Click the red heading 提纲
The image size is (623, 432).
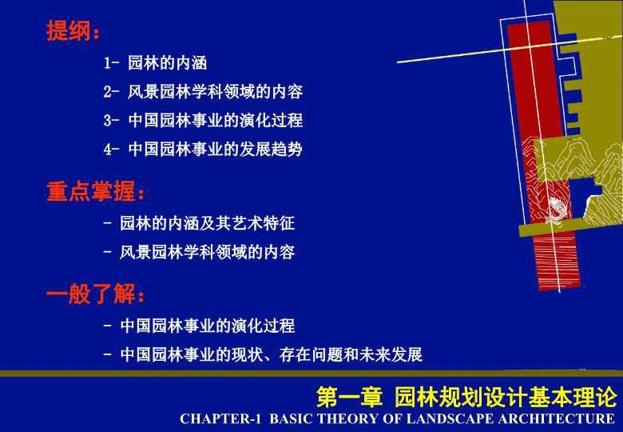pos(69,30)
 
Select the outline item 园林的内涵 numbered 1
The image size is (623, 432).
pos(167,63)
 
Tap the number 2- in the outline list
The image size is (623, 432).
pos(111,92)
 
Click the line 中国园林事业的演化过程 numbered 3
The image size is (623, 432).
pos(216,121)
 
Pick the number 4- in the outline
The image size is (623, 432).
pos(111,150)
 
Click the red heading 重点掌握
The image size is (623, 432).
pos(91,192)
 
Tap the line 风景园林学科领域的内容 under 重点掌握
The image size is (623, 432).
pos(208,252)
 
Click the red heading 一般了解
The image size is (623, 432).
pos(91,294)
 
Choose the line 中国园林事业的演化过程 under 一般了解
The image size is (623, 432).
pos(208,326)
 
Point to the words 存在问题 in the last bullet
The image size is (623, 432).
pos(311,354)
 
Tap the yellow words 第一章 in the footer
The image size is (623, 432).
pos(349,397)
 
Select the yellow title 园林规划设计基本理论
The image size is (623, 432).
pos(506,397)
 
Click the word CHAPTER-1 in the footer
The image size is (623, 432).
pos(220,419)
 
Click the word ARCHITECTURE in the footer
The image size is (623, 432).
pos(556,419)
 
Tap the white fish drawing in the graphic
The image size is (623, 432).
pos(558,209)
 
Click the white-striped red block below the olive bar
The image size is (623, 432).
pos(557,262)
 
